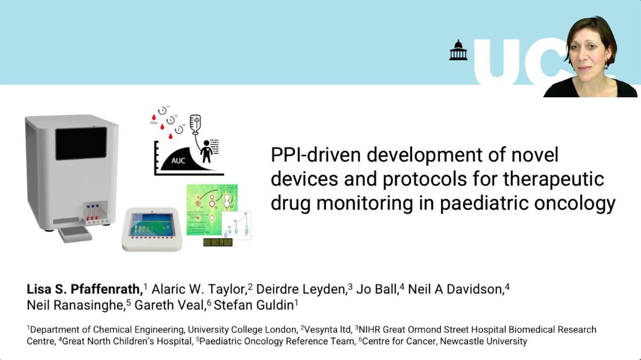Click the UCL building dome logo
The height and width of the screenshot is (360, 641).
(458, 50)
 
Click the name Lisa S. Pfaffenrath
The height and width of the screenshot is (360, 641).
(84, 289)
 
